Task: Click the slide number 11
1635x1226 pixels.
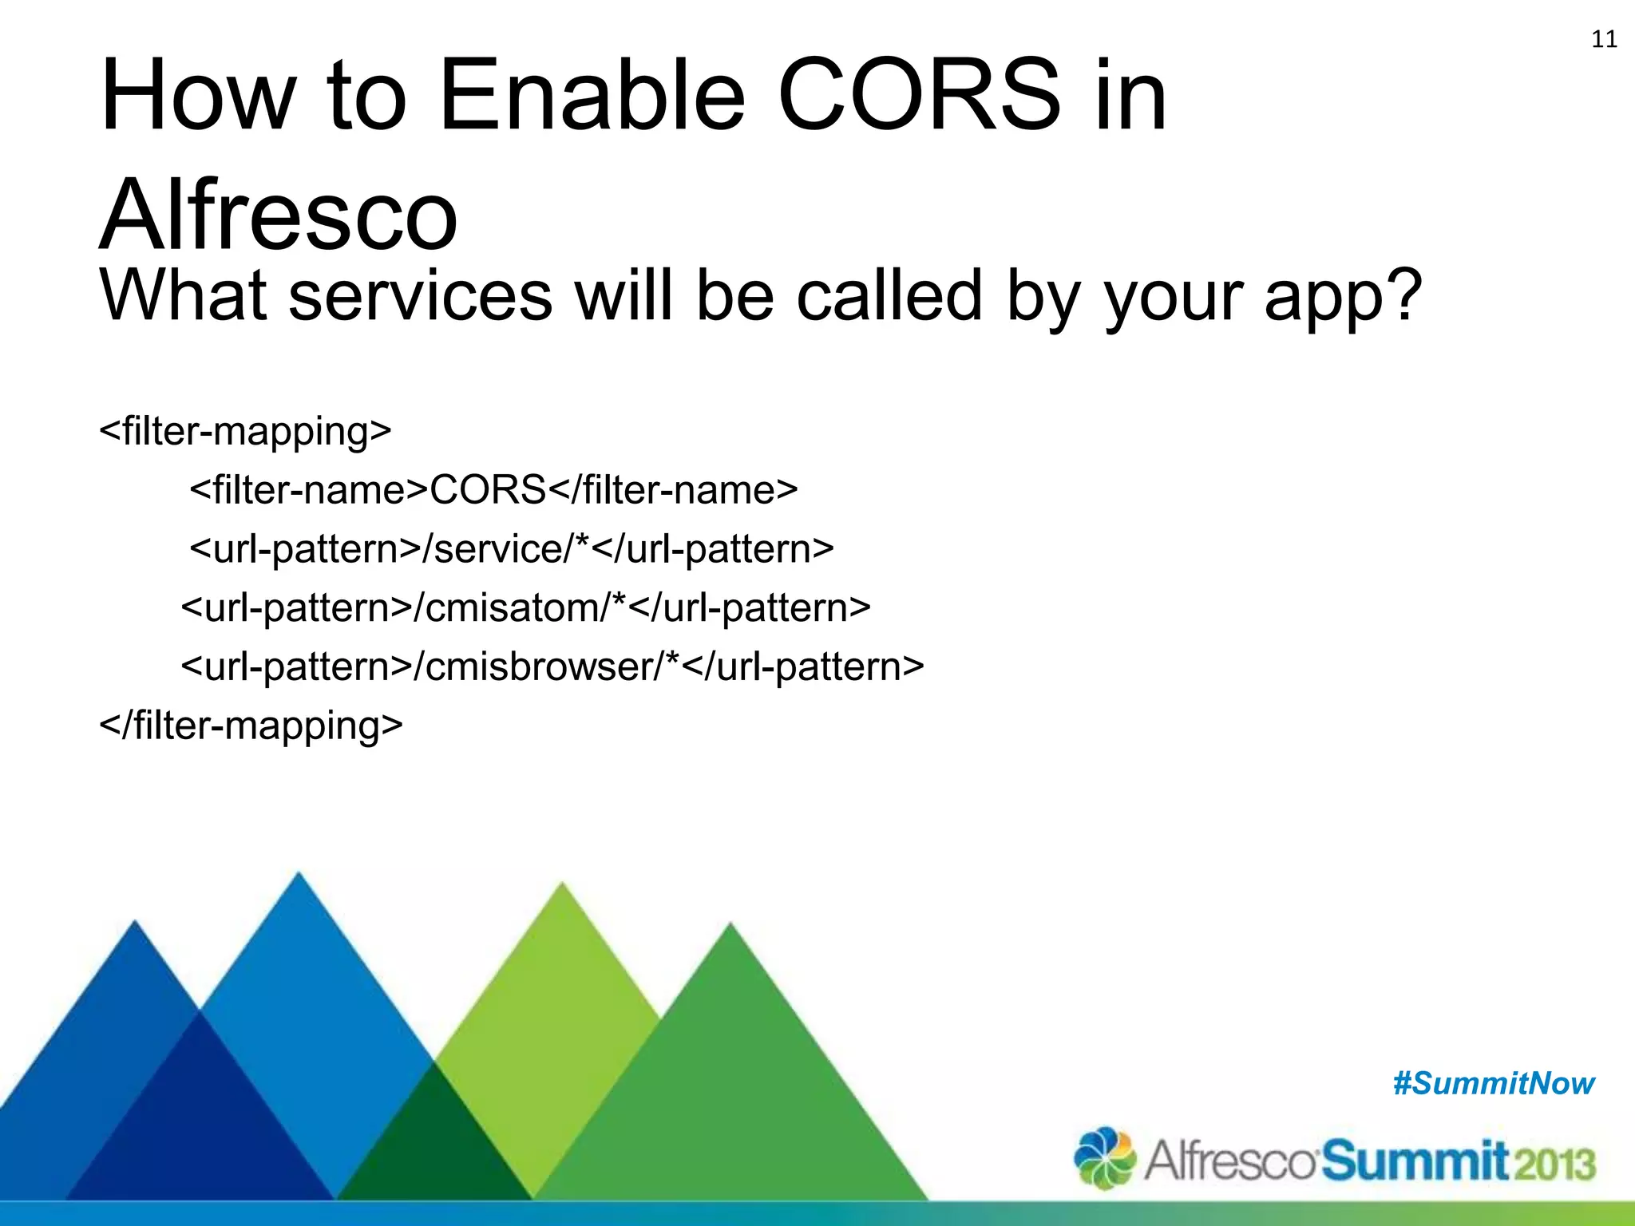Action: tap(1604, 39)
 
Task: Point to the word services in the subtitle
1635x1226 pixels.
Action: tap(420, 297)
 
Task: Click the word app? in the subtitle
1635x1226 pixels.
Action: tap(1343, 297)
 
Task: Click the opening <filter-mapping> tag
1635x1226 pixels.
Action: tap(245, 431)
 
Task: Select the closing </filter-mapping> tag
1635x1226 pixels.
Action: tap(251, 726)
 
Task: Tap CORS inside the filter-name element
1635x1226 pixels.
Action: tap(488, 490)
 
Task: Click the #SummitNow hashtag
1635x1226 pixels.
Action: tap(1494, 1084)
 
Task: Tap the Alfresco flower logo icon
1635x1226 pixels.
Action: tap(1104, 1157)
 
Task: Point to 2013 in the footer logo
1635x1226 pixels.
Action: tap(1554, 1164)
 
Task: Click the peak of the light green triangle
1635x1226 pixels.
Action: tap(562, 888)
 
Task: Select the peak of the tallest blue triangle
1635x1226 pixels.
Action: tap(299, 877)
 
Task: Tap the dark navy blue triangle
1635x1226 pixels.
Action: tap(200, 1133)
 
